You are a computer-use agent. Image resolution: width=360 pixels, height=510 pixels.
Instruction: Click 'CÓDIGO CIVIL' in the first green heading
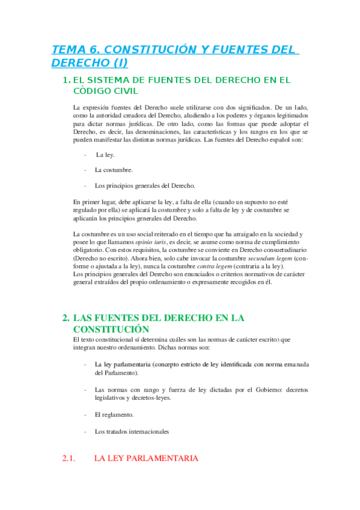105,91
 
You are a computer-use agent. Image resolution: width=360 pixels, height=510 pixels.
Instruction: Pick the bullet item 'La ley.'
105,155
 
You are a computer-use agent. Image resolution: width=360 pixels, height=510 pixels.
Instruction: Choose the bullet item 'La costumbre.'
114,170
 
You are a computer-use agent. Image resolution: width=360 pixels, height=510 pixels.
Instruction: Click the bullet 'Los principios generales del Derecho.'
144,185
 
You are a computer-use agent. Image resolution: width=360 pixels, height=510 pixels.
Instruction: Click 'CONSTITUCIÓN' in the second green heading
111,329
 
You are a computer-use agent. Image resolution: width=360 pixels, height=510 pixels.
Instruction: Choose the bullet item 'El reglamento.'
114,414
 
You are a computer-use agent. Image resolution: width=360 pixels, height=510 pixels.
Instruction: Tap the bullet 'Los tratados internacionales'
132,431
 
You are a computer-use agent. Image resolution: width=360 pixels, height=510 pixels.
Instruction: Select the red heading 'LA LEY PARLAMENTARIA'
146,459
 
